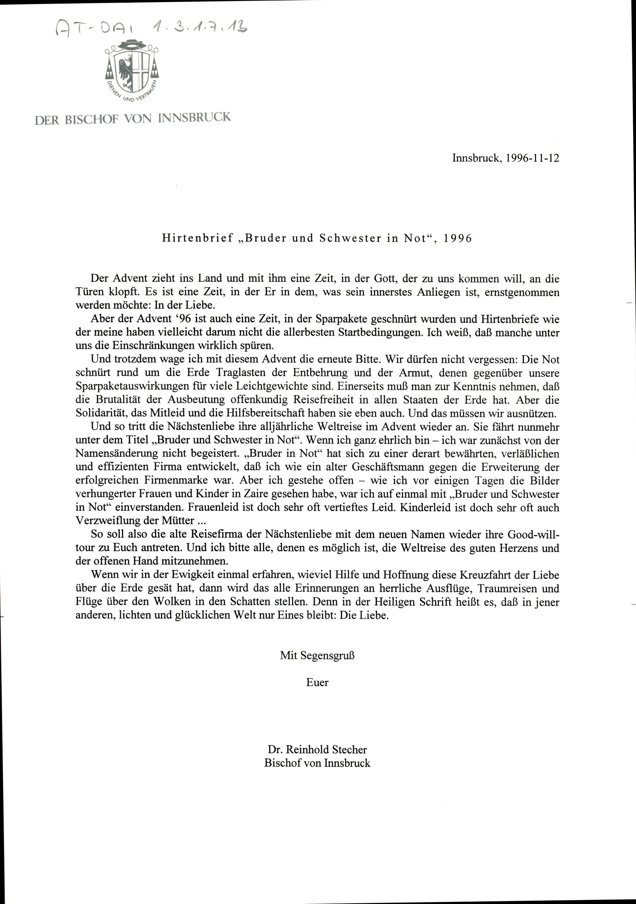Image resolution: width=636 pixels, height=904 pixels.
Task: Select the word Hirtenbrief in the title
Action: coord(198,239)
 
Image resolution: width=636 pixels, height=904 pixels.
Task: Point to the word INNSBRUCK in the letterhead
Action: coord(194,118)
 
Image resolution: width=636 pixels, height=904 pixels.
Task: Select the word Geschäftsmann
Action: coord(388,467)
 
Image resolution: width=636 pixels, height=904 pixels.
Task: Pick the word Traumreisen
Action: coord(508,589)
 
